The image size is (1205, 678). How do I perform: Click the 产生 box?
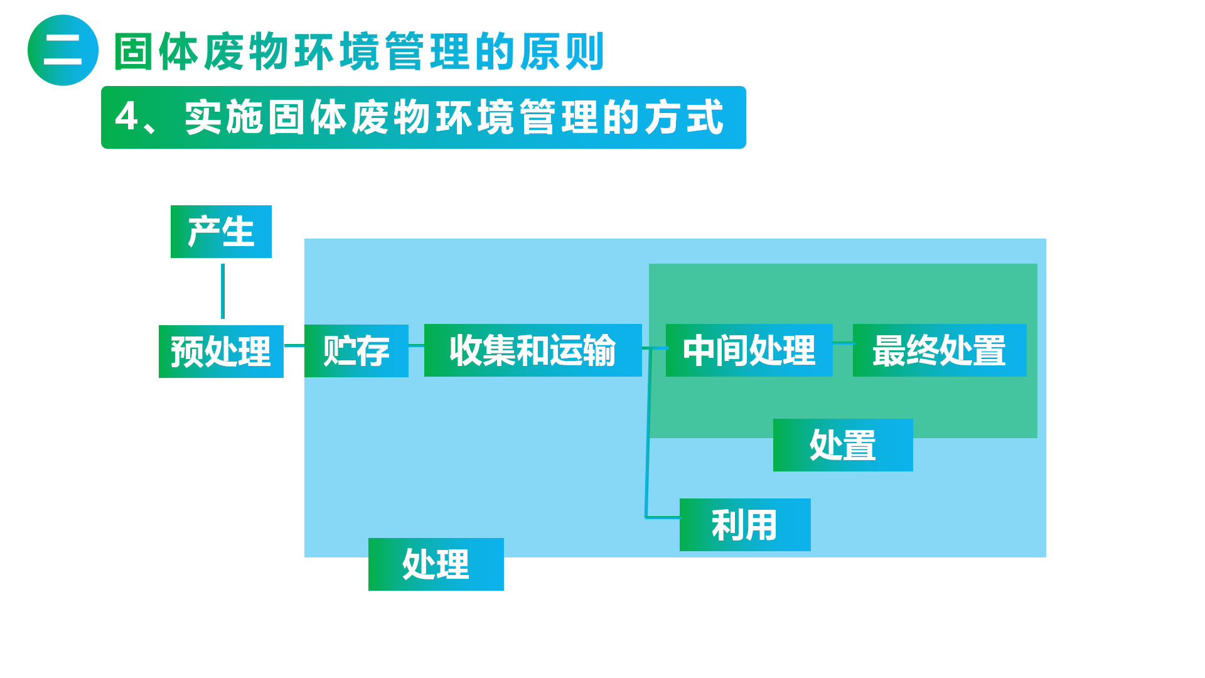[221, 232]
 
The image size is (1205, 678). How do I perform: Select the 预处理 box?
[221, 352]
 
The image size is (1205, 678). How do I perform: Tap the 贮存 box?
[356, 351]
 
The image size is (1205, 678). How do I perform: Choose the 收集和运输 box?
[533, 350]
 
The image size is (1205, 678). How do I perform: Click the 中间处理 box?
[749, 350]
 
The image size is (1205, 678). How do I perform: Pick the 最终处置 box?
[940, 350]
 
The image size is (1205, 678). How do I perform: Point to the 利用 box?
[745, 525]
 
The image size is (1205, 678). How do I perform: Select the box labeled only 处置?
[843, 445]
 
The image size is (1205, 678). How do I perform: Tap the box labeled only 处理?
[436, 564]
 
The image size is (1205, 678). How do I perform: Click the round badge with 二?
[63, 50]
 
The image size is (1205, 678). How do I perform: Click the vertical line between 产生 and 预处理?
[223, 291]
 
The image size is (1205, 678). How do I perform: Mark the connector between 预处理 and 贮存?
[294, 345]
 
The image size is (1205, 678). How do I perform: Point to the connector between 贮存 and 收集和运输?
[417, 345]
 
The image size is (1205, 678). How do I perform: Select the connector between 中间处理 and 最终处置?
[843, 343]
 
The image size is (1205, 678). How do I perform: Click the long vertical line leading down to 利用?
[648, 433]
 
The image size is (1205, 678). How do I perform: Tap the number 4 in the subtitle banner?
[127, 117]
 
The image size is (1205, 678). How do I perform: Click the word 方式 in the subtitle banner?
[684, 117]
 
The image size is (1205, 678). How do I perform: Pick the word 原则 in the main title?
[563, 51]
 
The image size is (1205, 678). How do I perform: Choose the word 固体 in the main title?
[157, 51]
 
